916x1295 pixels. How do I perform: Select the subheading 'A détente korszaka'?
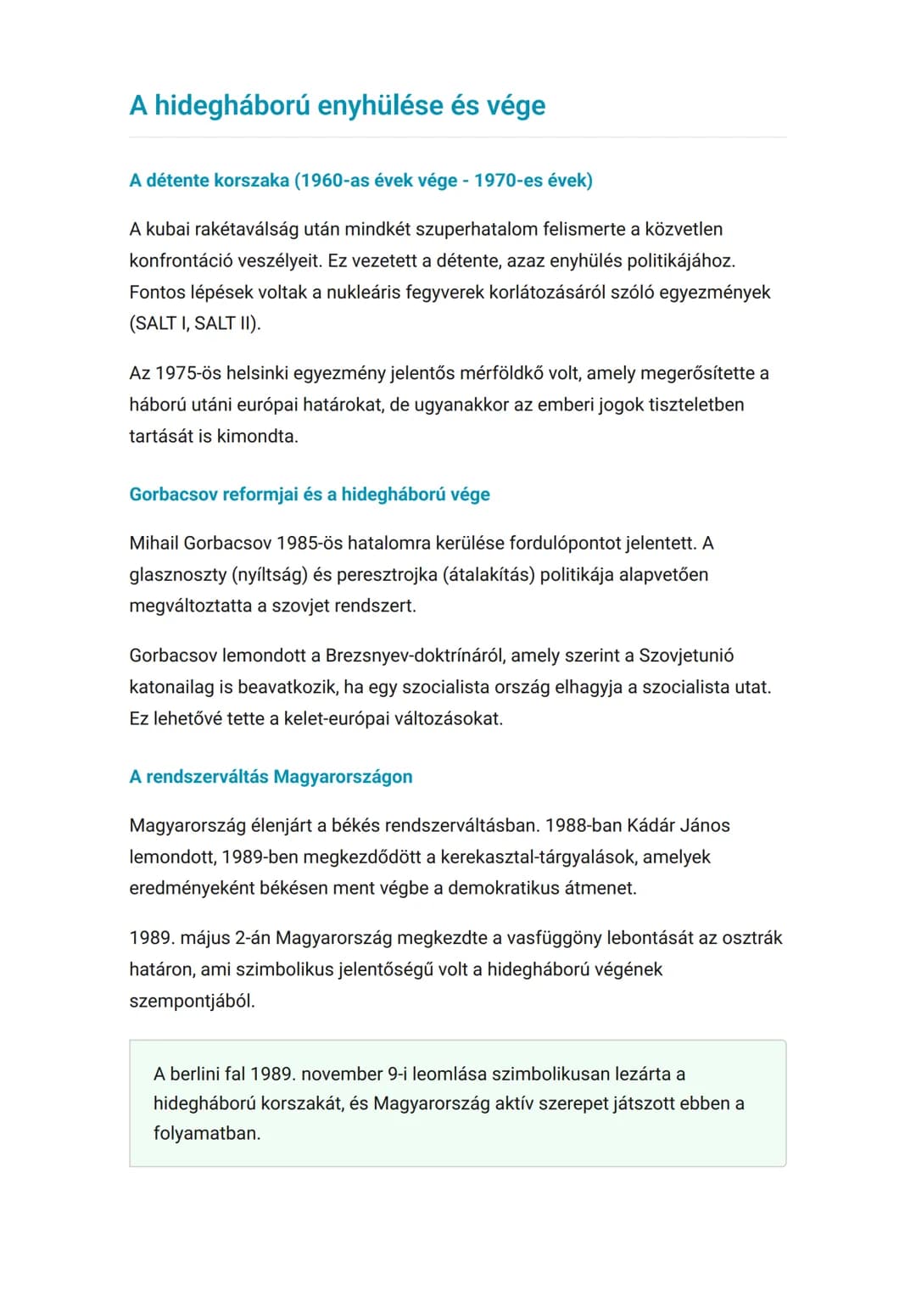[x=209, y=181]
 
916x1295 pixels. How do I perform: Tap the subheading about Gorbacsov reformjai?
[x=309, y=494]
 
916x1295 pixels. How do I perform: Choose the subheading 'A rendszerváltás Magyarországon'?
[x=271, y=777]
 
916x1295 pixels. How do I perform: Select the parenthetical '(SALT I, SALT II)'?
[x=195, y=324]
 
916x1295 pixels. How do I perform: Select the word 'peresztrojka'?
[x=387, y=575]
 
